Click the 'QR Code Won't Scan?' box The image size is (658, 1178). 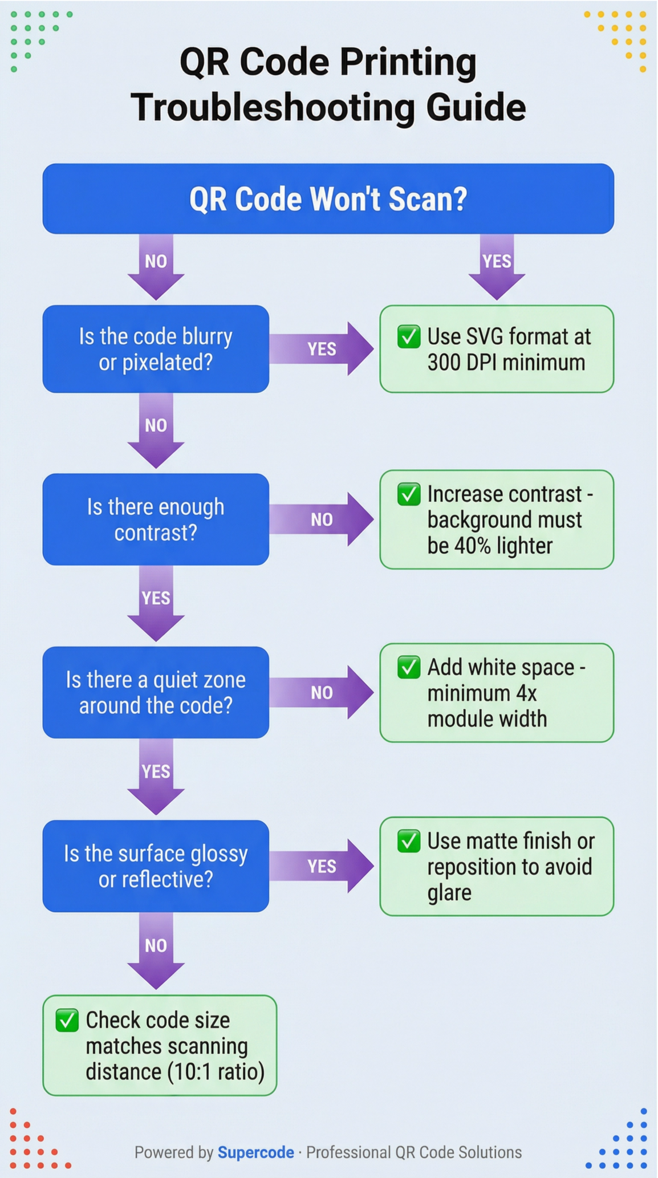[x=328, y=198]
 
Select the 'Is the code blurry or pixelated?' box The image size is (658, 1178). [x=156, y=349]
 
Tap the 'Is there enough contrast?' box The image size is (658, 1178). [x=156, y=519]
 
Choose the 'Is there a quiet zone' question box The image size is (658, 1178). [x=156, y=692]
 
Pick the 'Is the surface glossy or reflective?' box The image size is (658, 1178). [x=156, y=866]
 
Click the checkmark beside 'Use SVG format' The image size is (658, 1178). [x=409, y=336]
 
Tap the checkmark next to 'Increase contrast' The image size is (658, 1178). [x=409, y=494]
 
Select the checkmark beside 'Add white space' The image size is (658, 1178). [x=409, y=667]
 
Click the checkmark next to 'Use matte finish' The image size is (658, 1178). [x=409, y=841]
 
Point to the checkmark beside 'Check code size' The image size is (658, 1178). [x=67, y=1020]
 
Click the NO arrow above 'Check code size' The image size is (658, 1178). [x=156, y=949]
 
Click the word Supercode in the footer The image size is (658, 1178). [x=255, y=1152]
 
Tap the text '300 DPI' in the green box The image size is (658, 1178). [x=463, y=363]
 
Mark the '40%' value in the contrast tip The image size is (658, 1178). [x=472, y=546]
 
